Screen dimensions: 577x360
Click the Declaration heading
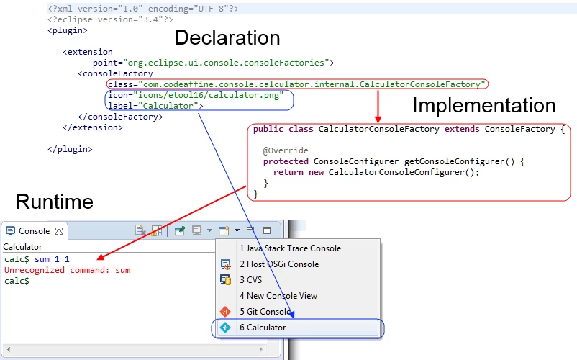coord(227,37)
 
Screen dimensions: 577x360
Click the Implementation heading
coord(484,105)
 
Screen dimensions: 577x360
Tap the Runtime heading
coord(55,202)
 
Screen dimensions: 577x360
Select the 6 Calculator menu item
coord(263,328)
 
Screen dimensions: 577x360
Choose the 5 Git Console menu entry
coord(265,312)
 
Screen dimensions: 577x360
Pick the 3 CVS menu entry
coord(251,280)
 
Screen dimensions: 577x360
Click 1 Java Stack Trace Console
coord(291,248)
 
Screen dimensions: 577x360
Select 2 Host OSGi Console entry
coord(279,264)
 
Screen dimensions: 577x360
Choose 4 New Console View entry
coord(278,296)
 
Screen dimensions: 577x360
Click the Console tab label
coord(34,231)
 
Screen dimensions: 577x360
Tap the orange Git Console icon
coord(225,312)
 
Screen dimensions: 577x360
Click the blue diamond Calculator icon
coord(225,328)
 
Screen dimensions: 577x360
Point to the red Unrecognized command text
coord(68,270)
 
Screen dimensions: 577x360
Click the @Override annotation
coord(286,150)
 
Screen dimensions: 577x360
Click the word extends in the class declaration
coord(462,129)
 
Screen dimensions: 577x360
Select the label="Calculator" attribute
coord(155,106)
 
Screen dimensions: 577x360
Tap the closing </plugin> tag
coord(70,149)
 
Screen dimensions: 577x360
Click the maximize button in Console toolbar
coord(267,230)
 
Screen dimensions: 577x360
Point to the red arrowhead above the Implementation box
coord(378,120)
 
